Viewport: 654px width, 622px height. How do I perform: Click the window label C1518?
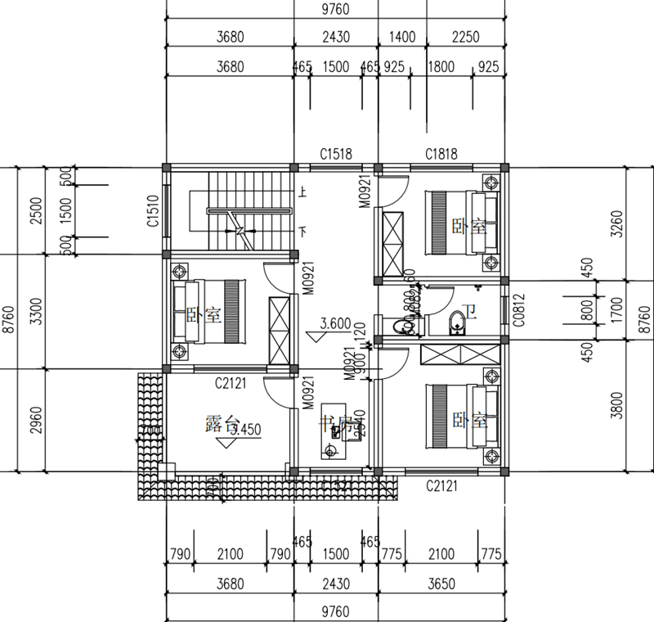[x=336, y=154]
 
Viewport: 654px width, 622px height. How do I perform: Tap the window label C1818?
[x=441, y=154]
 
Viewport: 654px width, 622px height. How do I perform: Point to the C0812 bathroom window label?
[x=517, y=311]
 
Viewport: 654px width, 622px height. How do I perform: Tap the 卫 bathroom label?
[x=468, y=311]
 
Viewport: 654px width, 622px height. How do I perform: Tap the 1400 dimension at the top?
[x=402, y=37]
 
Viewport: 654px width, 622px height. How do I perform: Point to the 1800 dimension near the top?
[x=441, y=67]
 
